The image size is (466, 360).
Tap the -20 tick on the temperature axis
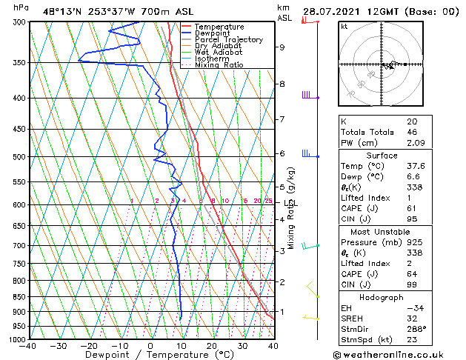pos(88,346)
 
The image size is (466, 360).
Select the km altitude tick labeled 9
pos(282,47)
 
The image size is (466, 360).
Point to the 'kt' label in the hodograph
pos(344,26)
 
